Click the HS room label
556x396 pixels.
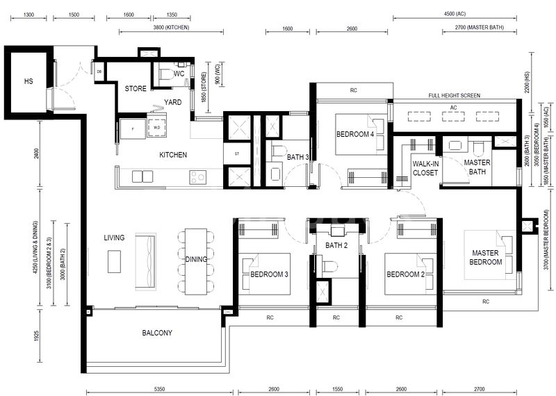(28, 81)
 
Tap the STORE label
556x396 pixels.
(136, 89)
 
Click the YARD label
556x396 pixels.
(172, 102)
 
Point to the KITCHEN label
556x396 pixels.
(173, 155)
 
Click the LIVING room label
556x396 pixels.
(114, 238)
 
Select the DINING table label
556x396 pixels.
(196, 259)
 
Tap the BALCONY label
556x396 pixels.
(157, 333)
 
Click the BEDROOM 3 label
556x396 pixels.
(269, 274)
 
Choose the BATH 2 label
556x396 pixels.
(336, 245)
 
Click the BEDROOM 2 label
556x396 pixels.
(404, 274)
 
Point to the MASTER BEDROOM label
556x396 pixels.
(486, 257)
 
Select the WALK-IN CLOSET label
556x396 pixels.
(425, 167)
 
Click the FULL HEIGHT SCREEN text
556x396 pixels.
(454, 96)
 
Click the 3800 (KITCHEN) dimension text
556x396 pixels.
(170, 28)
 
